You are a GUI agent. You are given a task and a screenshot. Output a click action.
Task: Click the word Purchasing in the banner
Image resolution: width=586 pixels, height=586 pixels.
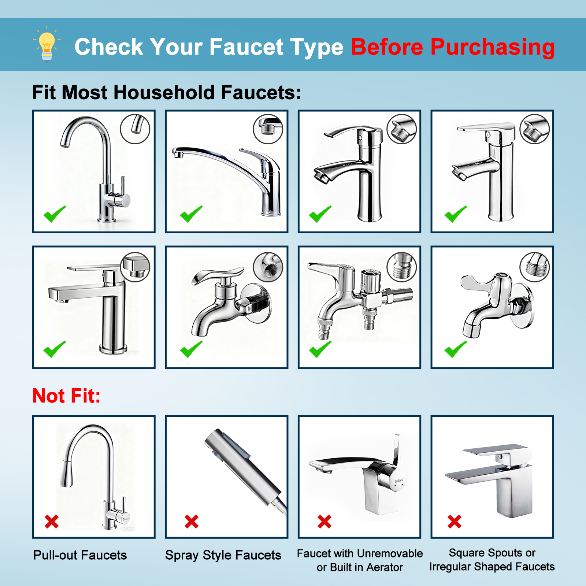492,47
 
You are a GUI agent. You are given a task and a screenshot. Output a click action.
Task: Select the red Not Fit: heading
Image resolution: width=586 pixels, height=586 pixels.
66,396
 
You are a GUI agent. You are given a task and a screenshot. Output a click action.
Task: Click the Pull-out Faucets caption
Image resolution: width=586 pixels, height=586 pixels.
80,555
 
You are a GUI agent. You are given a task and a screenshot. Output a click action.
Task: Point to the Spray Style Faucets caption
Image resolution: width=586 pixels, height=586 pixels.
223,555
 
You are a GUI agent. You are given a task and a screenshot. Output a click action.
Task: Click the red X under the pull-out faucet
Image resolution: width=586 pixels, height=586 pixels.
52,521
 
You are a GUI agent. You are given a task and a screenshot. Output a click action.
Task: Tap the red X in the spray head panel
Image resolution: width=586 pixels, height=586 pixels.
192,521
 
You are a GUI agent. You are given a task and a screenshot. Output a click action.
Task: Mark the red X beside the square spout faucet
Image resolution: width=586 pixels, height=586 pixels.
455,521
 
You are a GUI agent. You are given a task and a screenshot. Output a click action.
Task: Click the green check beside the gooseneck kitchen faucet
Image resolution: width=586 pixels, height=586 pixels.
55,214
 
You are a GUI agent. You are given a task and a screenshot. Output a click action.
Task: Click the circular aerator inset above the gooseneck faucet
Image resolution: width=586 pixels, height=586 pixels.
135,129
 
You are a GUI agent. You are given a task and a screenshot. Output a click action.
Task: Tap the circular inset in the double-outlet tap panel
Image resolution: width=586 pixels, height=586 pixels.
402,267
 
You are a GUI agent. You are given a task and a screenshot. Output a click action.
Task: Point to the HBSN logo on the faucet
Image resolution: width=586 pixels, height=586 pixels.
399,480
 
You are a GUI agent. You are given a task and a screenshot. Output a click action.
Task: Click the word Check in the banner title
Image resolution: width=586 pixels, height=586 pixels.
109,47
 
